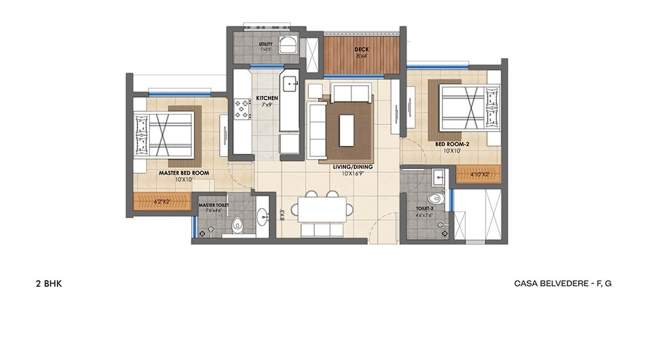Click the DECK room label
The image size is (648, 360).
pos(361,49)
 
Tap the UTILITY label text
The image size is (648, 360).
pos(266,45)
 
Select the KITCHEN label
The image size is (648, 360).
pos(267,98)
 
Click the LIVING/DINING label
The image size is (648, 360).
pos(352,167)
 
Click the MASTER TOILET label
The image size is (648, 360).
pos(212,205)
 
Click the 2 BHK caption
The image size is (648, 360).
pos(49,283)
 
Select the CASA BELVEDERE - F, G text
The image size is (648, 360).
pos(562,283)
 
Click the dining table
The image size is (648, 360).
pos(321,209)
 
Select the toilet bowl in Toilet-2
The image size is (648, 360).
pos(435,198)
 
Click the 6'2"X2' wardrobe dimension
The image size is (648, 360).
pos(162,202)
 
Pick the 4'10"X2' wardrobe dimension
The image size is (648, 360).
pos(478,174)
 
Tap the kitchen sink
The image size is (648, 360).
pos(288,83)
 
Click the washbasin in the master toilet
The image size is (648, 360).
pos(262,215)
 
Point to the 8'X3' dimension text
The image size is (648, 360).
pos(282,214)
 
